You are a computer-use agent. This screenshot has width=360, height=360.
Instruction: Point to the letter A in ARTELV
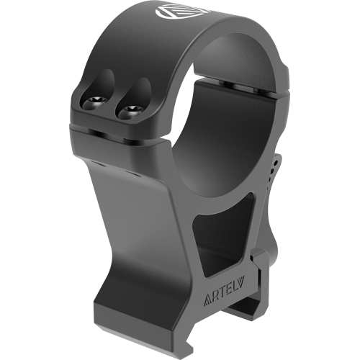[207, 300]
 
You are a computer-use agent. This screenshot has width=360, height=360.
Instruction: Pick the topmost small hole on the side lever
[276, 163]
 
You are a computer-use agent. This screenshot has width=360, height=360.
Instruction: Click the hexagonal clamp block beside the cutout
[258, 260]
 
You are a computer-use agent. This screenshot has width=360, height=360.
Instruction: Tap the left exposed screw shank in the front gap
[96, 132]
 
